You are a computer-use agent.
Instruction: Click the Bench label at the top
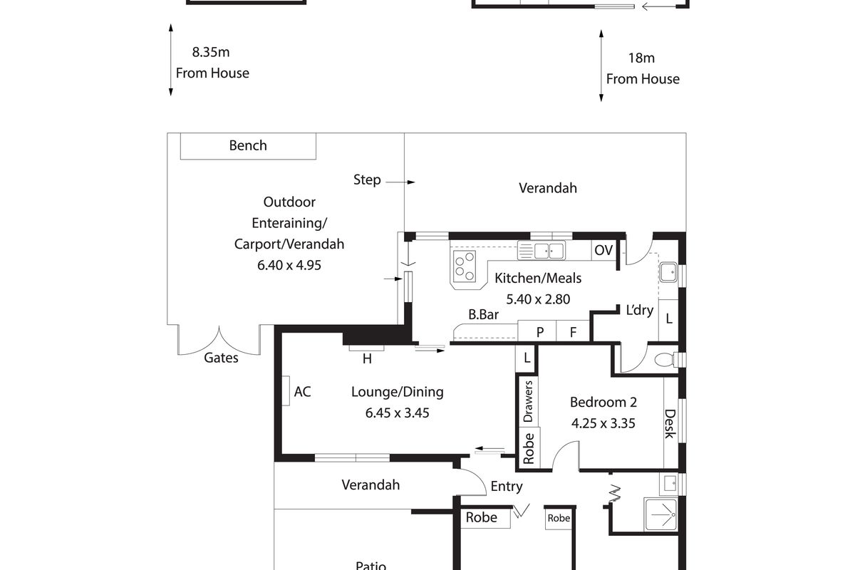pyautogui.click(x=248, y=146)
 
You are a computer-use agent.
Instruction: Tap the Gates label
pyautogui.click(x=221, y=358)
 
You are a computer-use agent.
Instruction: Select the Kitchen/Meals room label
pyautogui.click(x=538, y=278)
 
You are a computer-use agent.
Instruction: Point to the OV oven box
pyautogui.click(x=603, y=250)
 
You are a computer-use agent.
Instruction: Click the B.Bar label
pyautogui.click(x=482, y=313)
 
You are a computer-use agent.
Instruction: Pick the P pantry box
pyautogui.click(x=540, y=331)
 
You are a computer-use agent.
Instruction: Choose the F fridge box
pyautogui.click(x=572, y=331)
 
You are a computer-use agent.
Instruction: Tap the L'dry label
pyautogui.click(x=640, y=310)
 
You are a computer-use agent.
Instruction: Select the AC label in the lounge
pyautogui.click(x=302, y=391)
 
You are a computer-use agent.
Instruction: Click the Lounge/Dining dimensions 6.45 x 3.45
pyautogui.click(x=397, y=413)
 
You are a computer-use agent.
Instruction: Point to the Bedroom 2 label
pyautogui.click(x=603, y=403)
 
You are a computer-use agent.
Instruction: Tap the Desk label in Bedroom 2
pyautogui.click(x=670, y=423)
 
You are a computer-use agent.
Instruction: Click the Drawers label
pyautogui.click(x=529, y=400)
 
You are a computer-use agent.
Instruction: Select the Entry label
pyautogui.click(x=507, y=487)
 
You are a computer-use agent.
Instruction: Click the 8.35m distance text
pyautogui.click(x=211, y=52)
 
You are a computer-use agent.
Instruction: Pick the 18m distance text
pyautogui.click(x=641, y=58)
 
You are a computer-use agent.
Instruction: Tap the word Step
pyautogui.click(x=367, y=180)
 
